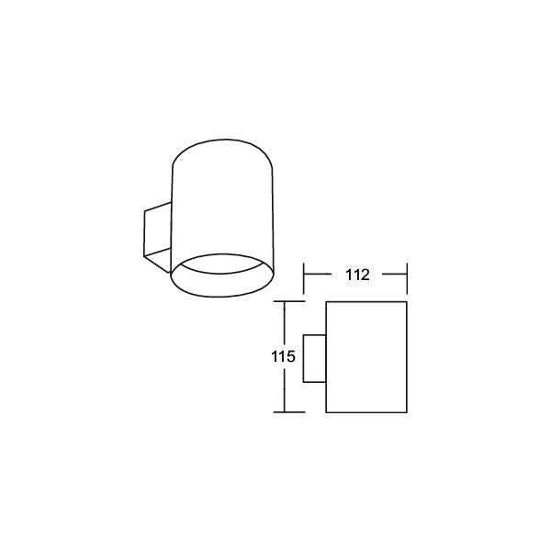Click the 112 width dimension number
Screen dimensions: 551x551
pos(358,275)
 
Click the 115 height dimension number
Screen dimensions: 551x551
pos(283,357)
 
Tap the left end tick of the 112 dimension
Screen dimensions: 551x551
pos(304,278)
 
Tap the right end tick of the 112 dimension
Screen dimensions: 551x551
pos(407,278)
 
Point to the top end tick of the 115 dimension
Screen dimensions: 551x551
pos(289,301)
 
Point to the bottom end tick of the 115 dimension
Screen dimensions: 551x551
pos(289,411)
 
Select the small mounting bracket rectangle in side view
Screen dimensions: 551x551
pos(314,358)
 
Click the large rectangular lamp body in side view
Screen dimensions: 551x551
pos(366,357)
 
